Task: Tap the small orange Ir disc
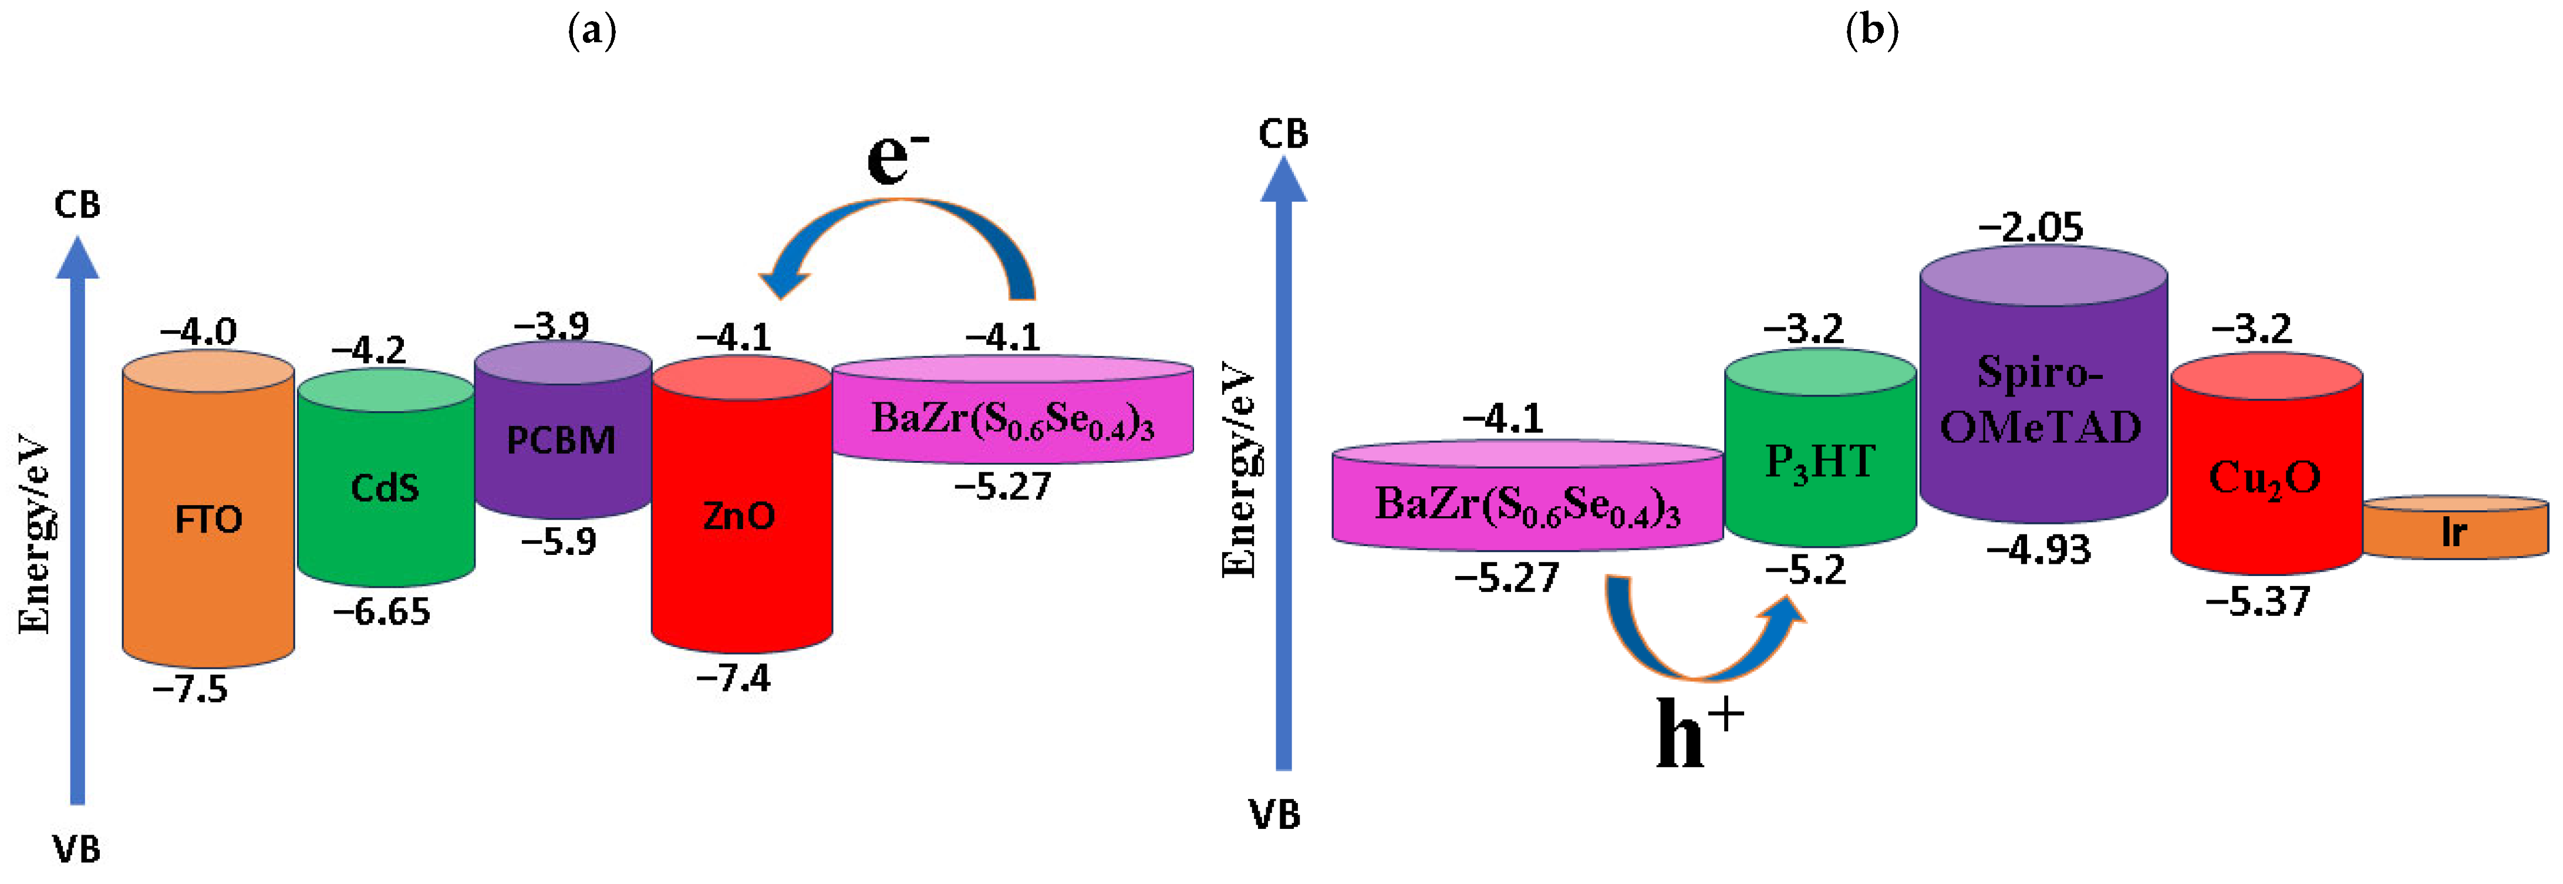pos(2454,532)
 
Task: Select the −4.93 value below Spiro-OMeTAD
pos(2039,550)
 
